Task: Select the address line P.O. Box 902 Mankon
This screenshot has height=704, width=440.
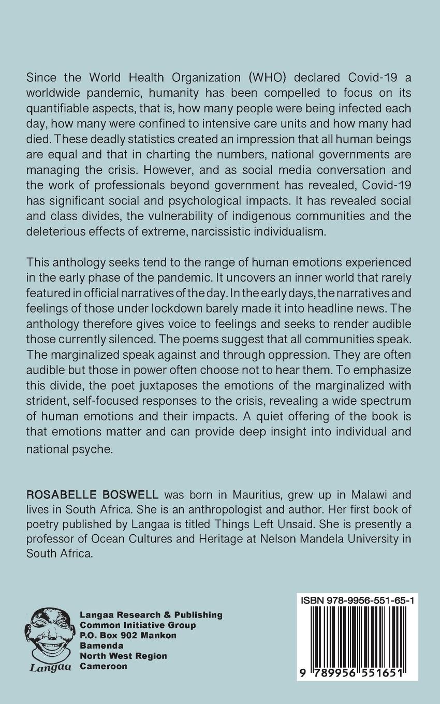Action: (x=128, y=635)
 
